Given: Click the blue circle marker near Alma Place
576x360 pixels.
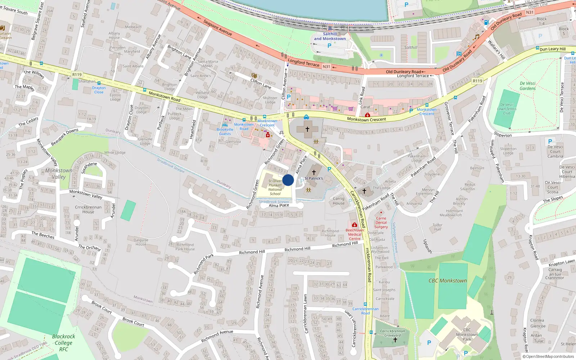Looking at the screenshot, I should [x=288, y=180].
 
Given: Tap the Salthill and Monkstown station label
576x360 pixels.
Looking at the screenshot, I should [x=329, y=36].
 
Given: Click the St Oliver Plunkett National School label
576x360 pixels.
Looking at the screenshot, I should [x=275, y=187].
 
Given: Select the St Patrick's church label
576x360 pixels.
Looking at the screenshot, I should [x=314, y=178].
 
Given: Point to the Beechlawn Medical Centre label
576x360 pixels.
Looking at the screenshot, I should [x=355, y=234].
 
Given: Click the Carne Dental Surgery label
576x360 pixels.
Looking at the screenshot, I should [x=381, y=222].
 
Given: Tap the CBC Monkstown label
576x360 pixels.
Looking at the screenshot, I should [x=447, y=281].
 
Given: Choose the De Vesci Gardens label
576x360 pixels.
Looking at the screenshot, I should [x=527, y=86].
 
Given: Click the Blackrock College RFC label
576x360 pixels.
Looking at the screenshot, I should [x=64, y=343].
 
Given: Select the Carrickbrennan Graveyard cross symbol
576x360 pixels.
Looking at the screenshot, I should [x=395, y=340].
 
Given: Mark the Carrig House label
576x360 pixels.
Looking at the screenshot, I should [x=338, y=201].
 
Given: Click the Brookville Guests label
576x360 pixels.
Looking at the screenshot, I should [x=225, y=131].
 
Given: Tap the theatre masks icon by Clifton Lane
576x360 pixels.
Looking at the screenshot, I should [x=254, y=76].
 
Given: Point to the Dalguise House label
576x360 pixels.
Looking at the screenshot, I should [x=141, y=242].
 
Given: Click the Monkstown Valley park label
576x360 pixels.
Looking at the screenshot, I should [x=59, y=174].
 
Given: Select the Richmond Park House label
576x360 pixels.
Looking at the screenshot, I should [x=185, y=247].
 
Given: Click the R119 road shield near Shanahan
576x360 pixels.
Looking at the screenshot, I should [x=77, y=75].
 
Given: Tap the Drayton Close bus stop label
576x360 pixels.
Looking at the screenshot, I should [x=99, y=90].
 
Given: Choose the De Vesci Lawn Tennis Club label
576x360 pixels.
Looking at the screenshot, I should [x=507, y=109].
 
